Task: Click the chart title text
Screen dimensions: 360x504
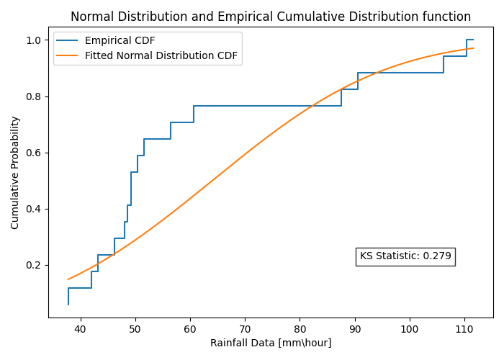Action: pyautogui.click(x=271, y=17)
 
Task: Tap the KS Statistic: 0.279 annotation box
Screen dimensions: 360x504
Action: pyautogui.click(x=405, y=256)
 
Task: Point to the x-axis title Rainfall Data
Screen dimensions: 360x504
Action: pyautogui.click(x=271, y=343)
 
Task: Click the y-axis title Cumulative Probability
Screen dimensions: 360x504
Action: pyautogui.click(x=15, y=173)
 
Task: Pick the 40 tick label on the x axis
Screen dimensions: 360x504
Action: pyautogui.click(x=81, y=329)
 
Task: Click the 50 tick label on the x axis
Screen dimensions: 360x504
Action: pyautogui.click(x=135, y=329)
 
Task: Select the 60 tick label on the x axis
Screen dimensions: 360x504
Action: pyautogui.click(x=190, y=329)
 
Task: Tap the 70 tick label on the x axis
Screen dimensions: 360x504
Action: pyautogui.click(x=246, y=329)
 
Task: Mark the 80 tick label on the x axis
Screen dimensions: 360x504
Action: pyautogui.click(x=300, y=329)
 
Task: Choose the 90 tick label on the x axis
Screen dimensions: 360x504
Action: pyautogui.click(x=355, y=329)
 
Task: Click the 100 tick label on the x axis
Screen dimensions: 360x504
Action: pyautogui.click(x=410, y=329)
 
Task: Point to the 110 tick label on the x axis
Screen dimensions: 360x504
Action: pyautogui.click(x=464, y=329)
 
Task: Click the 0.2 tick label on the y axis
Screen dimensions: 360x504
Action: pyautogui.click(x=35, y=265)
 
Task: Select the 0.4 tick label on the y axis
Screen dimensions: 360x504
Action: pyautogui.click(x=35, y=209)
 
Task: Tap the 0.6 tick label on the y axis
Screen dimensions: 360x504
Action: pyautogui.click(x=35, y=153)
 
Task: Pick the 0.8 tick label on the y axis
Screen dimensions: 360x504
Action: pyautogui.click(x=35, y=96)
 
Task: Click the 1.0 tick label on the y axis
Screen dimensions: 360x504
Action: pyautogui.click(x=35, y=40)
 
